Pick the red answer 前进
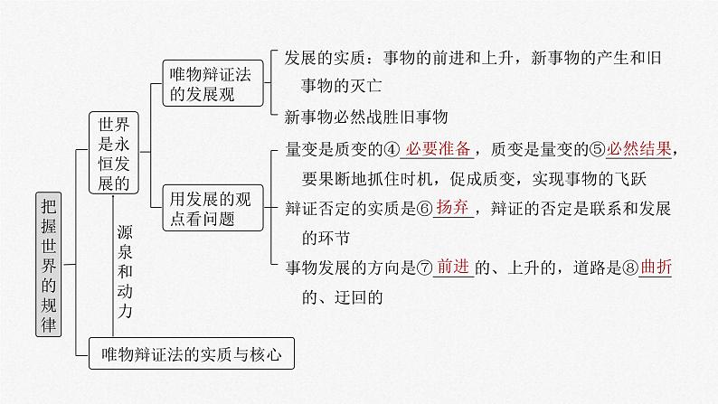point(454,267)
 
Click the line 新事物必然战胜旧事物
point(366,117)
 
